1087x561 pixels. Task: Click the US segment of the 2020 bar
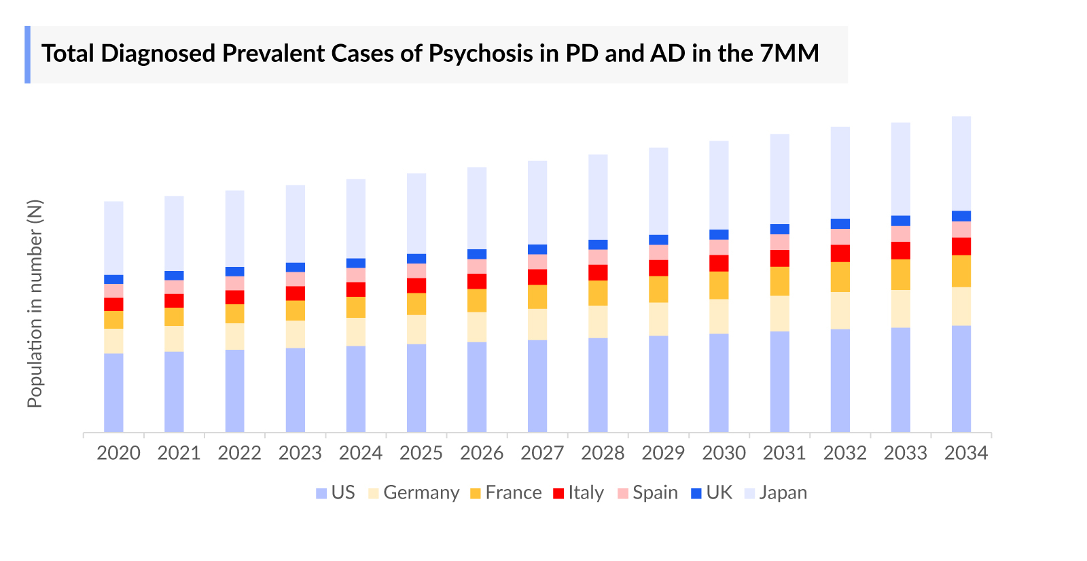(113, 393)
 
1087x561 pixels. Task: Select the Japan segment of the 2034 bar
(961, 163)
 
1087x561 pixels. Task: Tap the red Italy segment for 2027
(537, 276)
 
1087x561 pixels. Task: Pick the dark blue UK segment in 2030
(719, 234)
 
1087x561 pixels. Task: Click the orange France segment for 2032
(840, 276)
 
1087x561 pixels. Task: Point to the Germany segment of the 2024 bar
(356, 331)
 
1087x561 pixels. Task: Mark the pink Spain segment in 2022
(235, 283)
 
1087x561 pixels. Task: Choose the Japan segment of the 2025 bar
(416, 213)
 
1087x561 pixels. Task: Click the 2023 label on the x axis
(300, 453)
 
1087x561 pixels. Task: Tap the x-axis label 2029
(663, 453)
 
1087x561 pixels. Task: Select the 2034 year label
(965, 453)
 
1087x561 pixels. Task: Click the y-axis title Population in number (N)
(35, 304)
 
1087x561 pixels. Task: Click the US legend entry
(336, 493)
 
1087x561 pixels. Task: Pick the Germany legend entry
(414, 493)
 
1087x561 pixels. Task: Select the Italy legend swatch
(558, 494)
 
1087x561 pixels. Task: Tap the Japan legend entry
(776, 493)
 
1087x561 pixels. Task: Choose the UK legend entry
(711, 493)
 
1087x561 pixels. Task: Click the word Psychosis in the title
(480, 54)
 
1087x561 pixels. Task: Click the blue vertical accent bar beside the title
(28, 54)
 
